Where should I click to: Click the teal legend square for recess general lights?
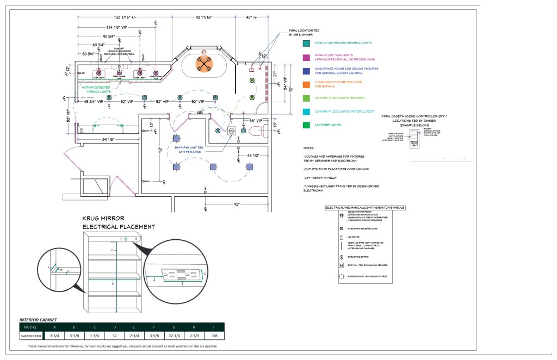click(307, 42)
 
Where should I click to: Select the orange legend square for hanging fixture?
click(307, 84)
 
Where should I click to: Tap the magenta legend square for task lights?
click(307, 56)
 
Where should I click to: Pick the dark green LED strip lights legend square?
click(307, 125)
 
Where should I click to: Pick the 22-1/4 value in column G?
click(174, 336)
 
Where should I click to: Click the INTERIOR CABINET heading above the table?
click(38, 320)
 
